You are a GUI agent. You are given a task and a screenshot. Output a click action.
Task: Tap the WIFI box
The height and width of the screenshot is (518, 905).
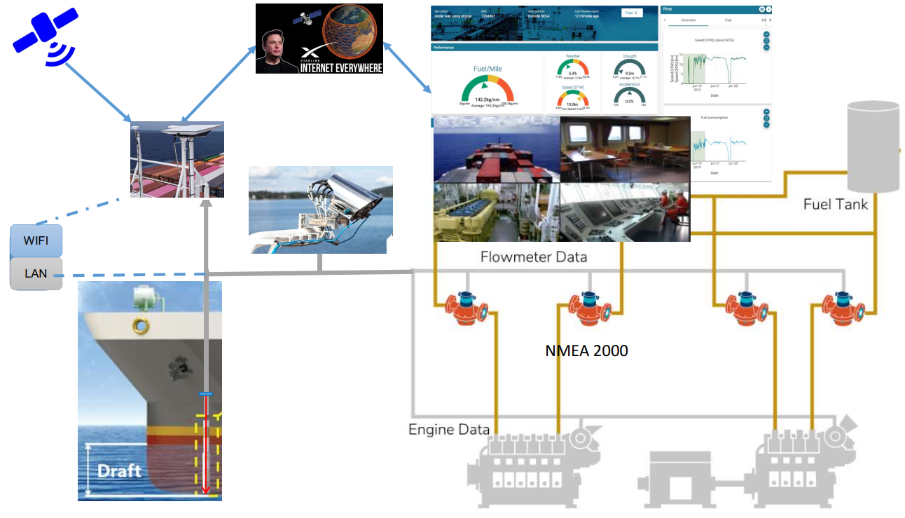click(x=36, y=241)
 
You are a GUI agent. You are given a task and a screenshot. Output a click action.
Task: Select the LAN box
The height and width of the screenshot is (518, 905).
click(x=36, y=273)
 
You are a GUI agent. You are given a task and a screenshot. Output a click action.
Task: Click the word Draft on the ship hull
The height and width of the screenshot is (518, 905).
click(x=119, y=470)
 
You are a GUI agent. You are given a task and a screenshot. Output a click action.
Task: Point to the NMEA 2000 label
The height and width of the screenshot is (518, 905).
click(x=586, y=350)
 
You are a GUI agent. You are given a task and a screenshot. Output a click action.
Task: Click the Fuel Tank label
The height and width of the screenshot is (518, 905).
click(x=836, y=204)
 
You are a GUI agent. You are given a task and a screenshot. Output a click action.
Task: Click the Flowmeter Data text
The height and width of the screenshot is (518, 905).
click(x=533, y=257)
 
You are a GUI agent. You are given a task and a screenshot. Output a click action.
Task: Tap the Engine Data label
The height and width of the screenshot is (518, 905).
click(x=449, y=428)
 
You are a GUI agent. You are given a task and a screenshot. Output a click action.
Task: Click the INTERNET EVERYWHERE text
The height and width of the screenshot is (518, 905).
click(x=342, y=67)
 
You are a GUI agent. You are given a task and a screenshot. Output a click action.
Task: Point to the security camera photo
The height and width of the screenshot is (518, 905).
click(x=320, y=210)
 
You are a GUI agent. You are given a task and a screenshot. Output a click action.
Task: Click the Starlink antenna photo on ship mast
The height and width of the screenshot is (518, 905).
click(x=177, y=159)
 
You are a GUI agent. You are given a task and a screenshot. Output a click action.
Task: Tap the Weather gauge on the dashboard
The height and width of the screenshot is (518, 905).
click(x=572, y=68)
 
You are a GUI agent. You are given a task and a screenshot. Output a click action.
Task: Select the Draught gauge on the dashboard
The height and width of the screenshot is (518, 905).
click(x=628, y=68)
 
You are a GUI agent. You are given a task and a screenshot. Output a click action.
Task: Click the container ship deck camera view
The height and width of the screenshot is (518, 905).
click(x=497, y=149)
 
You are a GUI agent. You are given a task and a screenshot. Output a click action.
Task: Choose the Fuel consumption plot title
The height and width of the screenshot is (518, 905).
click(x=714, y=118)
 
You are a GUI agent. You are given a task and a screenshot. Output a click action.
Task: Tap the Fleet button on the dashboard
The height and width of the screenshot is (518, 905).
click(x=631, y=13)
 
